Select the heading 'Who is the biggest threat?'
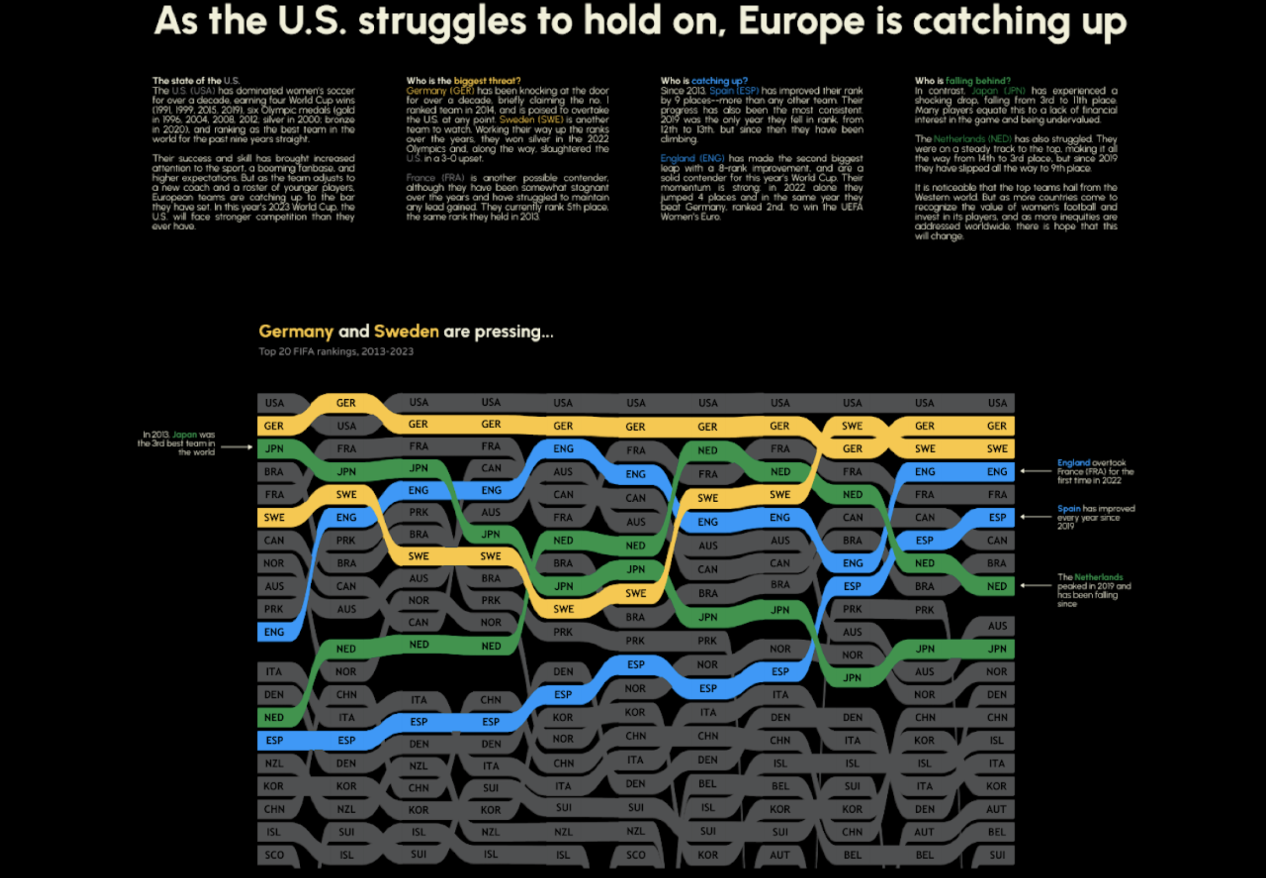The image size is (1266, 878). pos(463,81)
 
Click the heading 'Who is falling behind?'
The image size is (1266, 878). pos(962,81)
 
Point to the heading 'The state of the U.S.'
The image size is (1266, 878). pos(196,81)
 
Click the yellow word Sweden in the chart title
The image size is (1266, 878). pos(406,331)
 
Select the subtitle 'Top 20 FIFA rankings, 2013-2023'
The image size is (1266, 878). pos(336,351)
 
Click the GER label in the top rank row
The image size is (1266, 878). pos(345,403)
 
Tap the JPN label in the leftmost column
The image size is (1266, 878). pos(274,449)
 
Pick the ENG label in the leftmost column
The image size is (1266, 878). pos(274,632)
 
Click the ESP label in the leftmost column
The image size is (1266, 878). pos(274,740)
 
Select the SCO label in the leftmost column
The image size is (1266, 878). pos(274,855)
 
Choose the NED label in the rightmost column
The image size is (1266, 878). pos(996,587)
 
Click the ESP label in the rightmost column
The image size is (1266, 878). pos(997,517)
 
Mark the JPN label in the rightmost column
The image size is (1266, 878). pos(997,649)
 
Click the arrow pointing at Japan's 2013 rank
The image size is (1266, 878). pos(236,447)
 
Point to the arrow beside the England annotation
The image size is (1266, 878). pos(1036,471)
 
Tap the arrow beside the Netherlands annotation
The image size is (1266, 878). pos(1036,586)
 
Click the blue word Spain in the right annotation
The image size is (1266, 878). pos(1068,509)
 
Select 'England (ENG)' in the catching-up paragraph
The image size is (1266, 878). pos(692,158)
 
